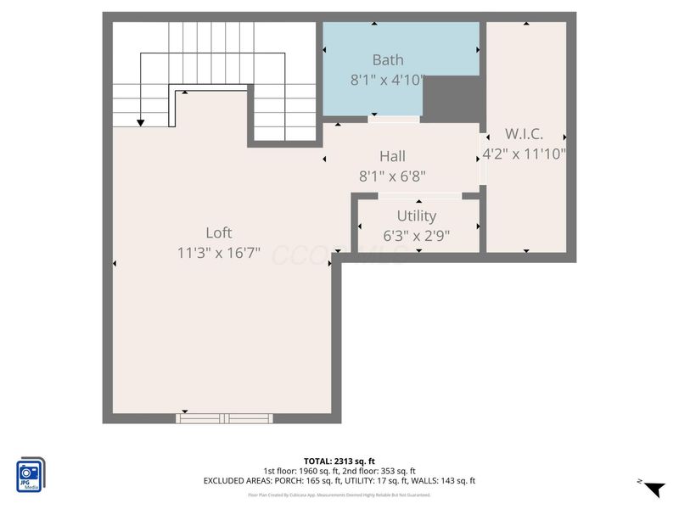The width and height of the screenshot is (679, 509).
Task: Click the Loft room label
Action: [218, 232]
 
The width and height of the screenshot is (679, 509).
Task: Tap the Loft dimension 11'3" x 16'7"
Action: [218, 253]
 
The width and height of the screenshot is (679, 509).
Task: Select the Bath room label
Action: [388, 60]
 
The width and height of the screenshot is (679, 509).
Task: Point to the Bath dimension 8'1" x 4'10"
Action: [388, 81]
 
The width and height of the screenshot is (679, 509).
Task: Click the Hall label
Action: [392, 156]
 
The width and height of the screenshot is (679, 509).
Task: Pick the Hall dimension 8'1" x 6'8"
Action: [392, 176]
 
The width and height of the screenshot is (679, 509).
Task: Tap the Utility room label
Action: [416, 216]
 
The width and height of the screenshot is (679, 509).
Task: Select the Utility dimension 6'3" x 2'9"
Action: [416, 236]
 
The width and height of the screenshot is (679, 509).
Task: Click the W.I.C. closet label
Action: [524, 134]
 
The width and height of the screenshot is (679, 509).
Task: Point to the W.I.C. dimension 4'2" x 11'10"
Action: [524, 154]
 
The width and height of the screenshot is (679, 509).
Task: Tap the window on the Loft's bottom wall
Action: [224, 417]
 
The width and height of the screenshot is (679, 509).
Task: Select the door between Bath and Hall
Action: [393, 120]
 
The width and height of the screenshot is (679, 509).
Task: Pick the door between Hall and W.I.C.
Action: [482, 159]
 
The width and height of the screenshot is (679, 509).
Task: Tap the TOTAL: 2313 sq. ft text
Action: [339, 461]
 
